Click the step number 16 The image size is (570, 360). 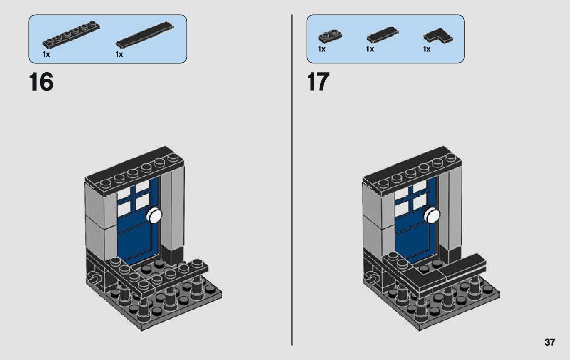(41, 82)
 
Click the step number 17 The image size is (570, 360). (318, 82)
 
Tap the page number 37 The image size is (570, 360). (550, 342)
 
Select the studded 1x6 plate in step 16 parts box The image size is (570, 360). (71, 35)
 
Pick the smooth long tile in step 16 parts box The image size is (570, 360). (145, 35)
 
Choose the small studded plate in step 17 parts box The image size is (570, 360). (330, 37)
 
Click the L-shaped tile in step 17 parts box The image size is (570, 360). (438, 36)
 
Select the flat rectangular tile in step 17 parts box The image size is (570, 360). (382, 35)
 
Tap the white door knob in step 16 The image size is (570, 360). (154, 215)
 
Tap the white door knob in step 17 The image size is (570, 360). (432, 215)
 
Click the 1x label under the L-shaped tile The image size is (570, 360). (427, 49)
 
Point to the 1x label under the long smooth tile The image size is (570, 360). (119, 54)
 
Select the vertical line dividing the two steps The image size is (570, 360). (292, 180)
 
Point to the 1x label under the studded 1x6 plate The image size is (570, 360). (46, 54)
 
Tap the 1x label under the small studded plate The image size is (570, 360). (322, 49)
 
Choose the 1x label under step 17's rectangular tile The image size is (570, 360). (370, 49)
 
